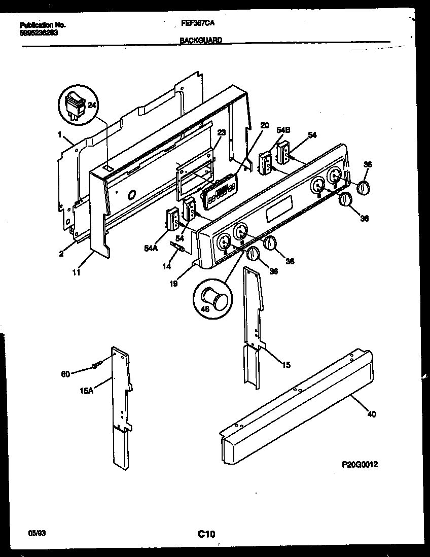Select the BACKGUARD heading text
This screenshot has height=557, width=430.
point(201,40)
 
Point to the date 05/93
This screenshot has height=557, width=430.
point(35,534)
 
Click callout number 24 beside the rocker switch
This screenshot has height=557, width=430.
point(92,106)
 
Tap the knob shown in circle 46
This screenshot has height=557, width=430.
point(213,298)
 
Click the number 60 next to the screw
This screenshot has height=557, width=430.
point(65,374)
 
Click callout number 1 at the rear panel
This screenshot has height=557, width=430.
point(60,135)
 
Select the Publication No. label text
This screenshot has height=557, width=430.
point(43,24)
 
